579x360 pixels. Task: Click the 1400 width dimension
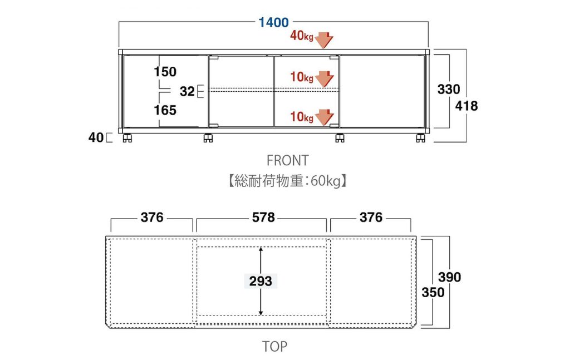tap(273, 23)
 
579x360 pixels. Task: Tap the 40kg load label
tap(302, 36)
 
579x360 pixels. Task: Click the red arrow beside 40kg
tap(324, 40)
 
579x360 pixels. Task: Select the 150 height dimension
tap(165, 72)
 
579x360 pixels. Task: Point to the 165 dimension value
tap(165, 110)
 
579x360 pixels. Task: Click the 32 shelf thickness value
tap(187, 91)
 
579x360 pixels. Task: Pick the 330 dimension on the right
tap(449, 89)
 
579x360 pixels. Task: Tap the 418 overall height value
tap(467, 106)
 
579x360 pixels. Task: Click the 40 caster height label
tap(96, 137)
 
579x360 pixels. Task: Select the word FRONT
tap(287, 161)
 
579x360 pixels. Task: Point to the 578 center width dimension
tap(263, 218)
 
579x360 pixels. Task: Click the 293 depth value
tap(261, 282)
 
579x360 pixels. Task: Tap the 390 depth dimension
tap(450, 277)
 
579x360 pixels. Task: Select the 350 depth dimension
tap(433, 292)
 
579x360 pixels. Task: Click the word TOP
tap(275, 347)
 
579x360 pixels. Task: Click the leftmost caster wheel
tap(126, 138)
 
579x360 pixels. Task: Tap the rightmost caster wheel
tap(420, 138)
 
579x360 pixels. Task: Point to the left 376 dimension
tap(152, 218)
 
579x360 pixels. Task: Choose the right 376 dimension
tap(371, 218)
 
